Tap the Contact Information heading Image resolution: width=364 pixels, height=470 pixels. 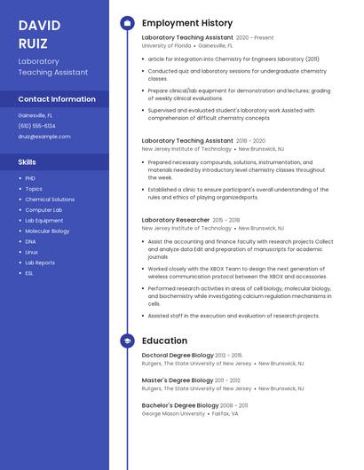click(57, 99)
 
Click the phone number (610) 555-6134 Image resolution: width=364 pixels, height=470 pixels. click(36, 126)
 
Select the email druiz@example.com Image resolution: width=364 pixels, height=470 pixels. click(44, 137)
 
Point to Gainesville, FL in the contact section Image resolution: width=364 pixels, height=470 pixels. click(36, 115)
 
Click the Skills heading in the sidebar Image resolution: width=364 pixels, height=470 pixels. click(28, 162)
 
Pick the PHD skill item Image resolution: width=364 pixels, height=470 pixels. click(30, 178)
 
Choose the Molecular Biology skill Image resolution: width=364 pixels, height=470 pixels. click(47, 231)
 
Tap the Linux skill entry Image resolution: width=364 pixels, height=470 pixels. click(32, 253)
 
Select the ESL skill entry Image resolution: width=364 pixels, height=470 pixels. click(29, 273)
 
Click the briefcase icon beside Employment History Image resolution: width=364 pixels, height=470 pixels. click(127, 23)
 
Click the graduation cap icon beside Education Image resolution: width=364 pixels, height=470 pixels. click(127, 341)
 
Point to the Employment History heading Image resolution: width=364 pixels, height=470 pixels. click(187, 23)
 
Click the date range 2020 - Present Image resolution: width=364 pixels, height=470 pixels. click(255, 38)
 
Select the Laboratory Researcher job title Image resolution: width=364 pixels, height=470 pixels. click(176, 220)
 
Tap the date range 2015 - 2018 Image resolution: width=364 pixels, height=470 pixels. click(226, 220)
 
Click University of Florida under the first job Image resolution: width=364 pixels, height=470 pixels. click(166, 46)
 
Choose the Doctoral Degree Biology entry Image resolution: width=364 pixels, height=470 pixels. click(178, 356)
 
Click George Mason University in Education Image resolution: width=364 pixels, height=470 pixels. click(174, 414)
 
